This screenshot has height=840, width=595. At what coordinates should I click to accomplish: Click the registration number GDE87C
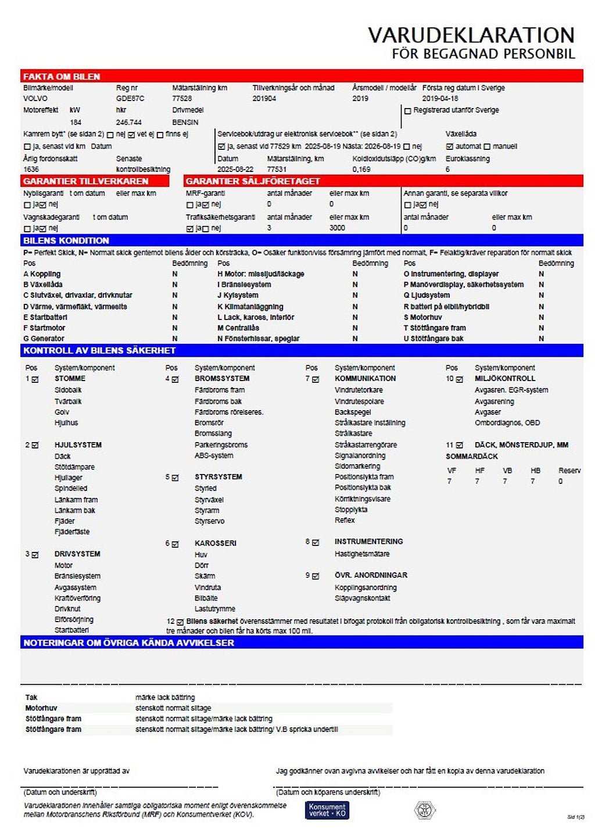click(x=130, y=99)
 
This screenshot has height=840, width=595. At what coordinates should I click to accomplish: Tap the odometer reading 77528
click(x=182, y=99)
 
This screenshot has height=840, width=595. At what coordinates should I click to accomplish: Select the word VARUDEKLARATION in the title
click(x=471, y=35)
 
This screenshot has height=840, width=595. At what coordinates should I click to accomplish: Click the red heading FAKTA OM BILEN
click(x=62, y=77)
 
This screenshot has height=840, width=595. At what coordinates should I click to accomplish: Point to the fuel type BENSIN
click(x=185, y=123)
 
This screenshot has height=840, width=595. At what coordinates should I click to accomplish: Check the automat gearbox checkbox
click(x=449, y=147)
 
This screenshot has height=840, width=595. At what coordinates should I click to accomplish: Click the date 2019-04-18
click(x=440, y=99)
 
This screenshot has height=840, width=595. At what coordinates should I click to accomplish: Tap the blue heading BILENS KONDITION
click(x=66, y=240)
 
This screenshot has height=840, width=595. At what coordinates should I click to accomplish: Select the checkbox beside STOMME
click(x=35, y=379)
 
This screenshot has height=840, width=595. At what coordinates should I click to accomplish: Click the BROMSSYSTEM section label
click(x=218, y=379)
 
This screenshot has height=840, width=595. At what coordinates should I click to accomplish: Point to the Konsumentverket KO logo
click(x=327, y=810)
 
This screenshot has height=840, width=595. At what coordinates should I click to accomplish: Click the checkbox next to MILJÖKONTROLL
click(x=459, y=379)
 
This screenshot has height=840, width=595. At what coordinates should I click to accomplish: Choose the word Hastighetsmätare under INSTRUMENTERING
click(x=362, y=554)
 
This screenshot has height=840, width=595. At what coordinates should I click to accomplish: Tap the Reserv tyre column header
click(x=569, y=471)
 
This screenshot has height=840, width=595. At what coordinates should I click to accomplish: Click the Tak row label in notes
click(x=31, y=698)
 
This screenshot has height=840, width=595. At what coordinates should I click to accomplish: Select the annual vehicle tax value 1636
click(x=31, y=170)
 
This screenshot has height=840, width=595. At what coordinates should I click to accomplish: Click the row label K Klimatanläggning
click(x=250, y=307)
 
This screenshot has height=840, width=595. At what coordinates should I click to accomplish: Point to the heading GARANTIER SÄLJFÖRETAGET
click(x=253, y=181)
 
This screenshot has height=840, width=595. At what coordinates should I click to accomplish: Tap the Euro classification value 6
click(x=448, y=170)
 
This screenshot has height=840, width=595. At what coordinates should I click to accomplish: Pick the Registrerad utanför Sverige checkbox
click(x=407, y=111)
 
